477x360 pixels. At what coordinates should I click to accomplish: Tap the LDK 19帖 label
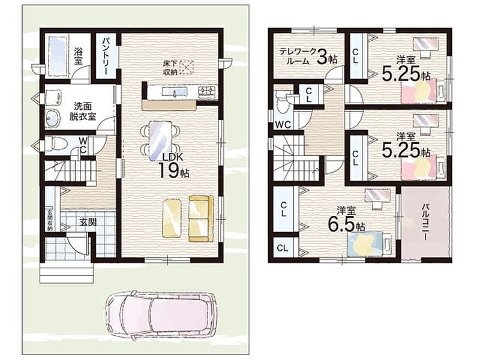coord(173,166)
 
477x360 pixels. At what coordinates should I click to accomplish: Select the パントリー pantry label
coord(105,56)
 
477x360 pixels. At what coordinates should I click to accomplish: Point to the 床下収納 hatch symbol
coord(187,67)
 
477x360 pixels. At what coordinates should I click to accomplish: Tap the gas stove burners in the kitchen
coord(207,91)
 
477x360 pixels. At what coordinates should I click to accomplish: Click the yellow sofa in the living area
coord(201,218)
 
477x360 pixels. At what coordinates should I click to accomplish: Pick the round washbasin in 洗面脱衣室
coord(53,118)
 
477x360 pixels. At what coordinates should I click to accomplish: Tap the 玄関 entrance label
coord(88,222)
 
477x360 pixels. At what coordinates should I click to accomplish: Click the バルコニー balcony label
coord(425,223)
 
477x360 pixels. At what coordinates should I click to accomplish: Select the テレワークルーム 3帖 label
coord(308,56)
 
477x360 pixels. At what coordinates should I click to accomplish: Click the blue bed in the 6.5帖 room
coord(365,243)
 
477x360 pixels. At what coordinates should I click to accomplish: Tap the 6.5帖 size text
coord(346,224)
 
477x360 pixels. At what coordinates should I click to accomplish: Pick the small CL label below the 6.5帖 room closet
coord(283,248)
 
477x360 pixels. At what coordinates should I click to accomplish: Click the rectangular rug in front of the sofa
coord(172,218)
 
